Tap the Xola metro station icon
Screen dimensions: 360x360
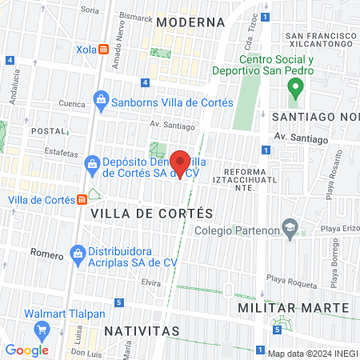tap(104, 48)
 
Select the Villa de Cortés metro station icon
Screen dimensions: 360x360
tap(82, 199)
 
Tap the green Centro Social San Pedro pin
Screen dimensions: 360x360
tap(294, 88)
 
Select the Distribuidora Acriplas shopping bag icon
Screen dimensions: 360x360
tap(78, 254)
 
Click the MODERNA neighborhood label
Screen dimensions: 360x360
tap(184, 22)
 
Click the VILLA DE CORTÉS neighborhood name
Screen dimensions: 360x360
tap(152, 214)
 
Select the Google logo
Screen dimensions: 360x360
tap(27, 350)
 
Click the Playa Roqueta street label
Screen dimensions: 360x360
tap(286, 279)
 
